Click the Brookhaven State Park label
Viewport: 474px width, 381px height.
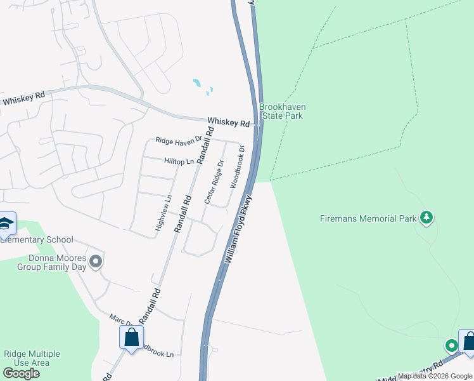pyautogui.click(x=281, y=112)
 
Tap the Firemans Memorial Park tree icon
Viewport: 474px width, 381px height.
pyautogui.click(x=426, y=218)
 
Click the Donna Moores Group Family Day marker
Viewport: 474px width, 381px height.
pyautogui.click(x=96, y=261)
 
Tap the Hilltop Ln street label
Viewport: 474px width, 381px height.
pyautogui.click(x=179, y=162)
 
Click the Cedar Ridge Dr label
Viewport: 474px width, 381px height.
pyautogui.click(x=214, y=182)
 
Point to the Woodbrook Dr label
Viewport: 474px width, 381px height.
pyautogui.click(x=237, y=166)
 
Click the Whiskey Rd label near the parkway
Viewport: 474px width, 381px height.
pyautogui.click(x=229, y=121)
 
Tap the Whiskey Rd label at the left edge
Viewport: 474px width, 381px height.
pyautogui.click(x=23, y=98)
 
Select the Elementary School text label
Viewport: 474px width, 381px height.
pyautogui.click(x=37, y=239)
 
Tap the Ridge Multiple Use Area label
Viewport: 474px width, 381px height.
pyautogui.click(x=32, y=358)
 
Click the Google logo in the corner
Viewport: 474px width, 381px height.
pyautogui.click(x=21, y=373)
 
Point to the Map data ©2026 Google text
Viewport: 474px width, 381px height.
pyautogui.click(x=435, y=376)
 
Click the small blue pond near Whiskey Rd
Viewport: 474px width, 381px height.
pyautogui.click(x=197, y=83)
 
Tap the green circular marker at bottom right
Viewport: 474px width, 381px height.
pyautogui.click(x=451, y=346)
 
